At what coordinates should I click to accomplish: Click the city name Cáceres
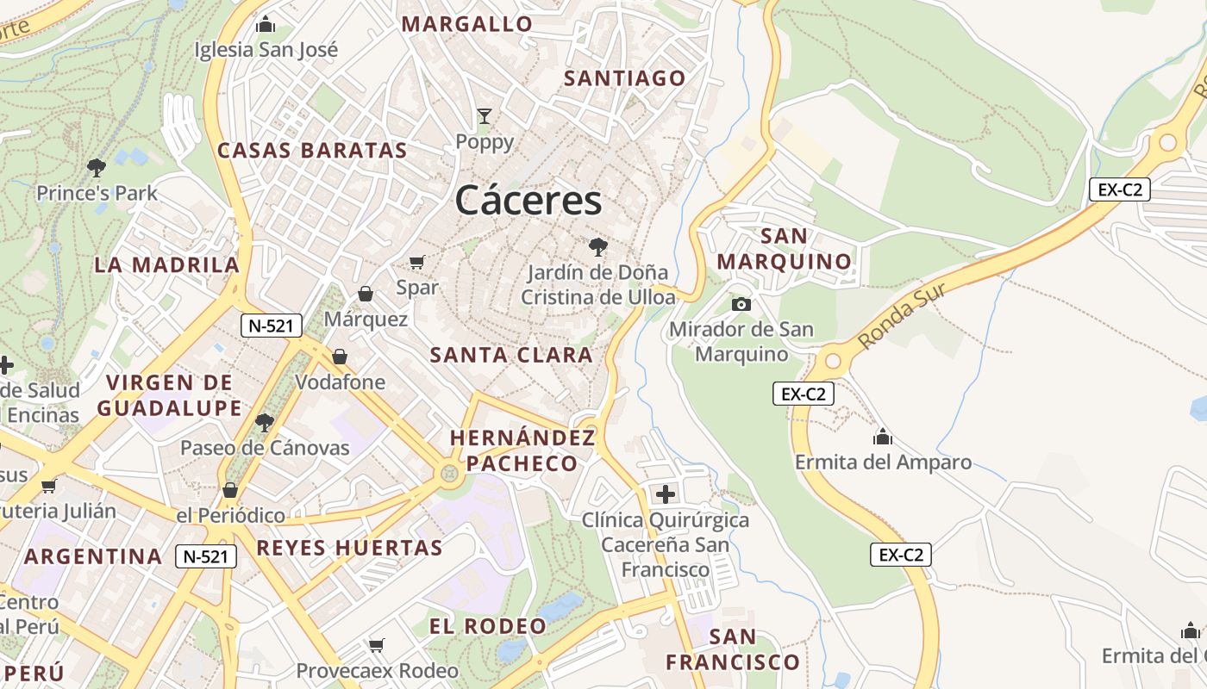pyautogui.click(x=528, y=201)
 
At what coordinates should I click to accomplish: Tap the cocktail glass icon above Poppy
pyautogui.click(x=485, y=115)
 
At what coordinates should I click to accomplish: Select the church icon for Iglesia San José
pyautogui.click(x=266, y=24)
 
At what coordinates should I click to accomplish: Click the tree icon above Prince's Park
pyautogui.click(x=97, y=167)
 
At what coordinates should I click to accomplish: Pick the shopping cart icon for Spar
pyautogui.click(x=417, y=262)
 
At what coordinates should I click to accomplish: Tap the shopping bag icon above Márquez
pyautogui.click(x=366, y=294)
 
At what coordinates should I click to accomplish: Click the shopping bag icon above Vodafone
pyautogui.click(x=340, y=357)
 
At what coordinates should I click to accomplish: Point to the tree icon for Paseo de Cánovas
pyautogui.click(x=265, y=422)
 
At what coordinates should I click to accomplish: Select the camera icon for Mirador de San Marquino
pyautogui.click(x=741, y=304)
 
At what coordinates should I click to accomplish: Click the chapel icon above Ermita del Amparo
pyautogui.click(x=882, y=437)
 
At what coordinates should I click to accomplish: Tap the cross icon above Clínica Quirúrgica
pyautogui.click(x=665, y=494)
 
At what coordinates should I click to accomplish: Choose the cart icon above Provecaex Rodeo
pyautogui.click(x=377, y=645)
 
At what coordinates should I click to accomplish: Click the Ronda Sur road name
pyautogui.click(x=902, y=315)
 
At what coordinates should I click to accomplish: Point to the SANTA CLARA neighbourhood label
pyautogui.click(x=511, y=355)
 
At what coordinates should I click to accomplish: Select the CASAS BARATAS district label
pyautogui.click(x=312, y=151)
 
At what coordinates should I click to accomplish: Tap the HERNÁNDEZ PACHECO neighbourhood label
pyautogui.click(x=522, y=450)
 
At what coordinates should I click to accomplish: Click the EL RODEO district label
pyautogui.click(x=488, y=626)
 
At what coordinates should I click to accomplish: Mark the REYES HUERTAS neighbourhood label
pyautogui.click(x=349, y=548)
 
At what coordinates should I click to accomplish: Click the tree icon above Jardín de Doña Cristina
pyautogui.click(x=597, y=248)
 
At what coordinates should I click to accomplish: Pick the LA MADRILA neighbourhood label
pyautogui.click(x=166, y=264)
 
